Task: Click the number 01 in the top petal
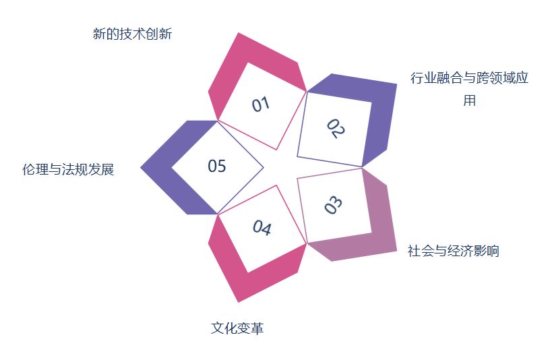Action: [261, 104]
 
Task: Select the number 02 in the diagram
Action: [335, 128]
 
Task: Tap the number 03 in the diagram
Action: [334, 205]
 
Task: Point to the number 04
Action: [262, 229]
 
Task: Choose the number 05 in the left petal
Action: [217, 166]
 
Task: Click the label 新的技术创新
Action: [132, 34]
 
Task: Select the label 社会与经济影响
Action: [453, 251]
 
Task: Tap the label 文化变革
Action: [237, 328]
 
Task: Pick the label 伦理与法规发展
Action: [68, 169]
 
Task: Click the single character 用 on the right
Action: [469, 100]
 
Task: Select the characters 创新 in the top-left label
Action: [159, 34]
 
